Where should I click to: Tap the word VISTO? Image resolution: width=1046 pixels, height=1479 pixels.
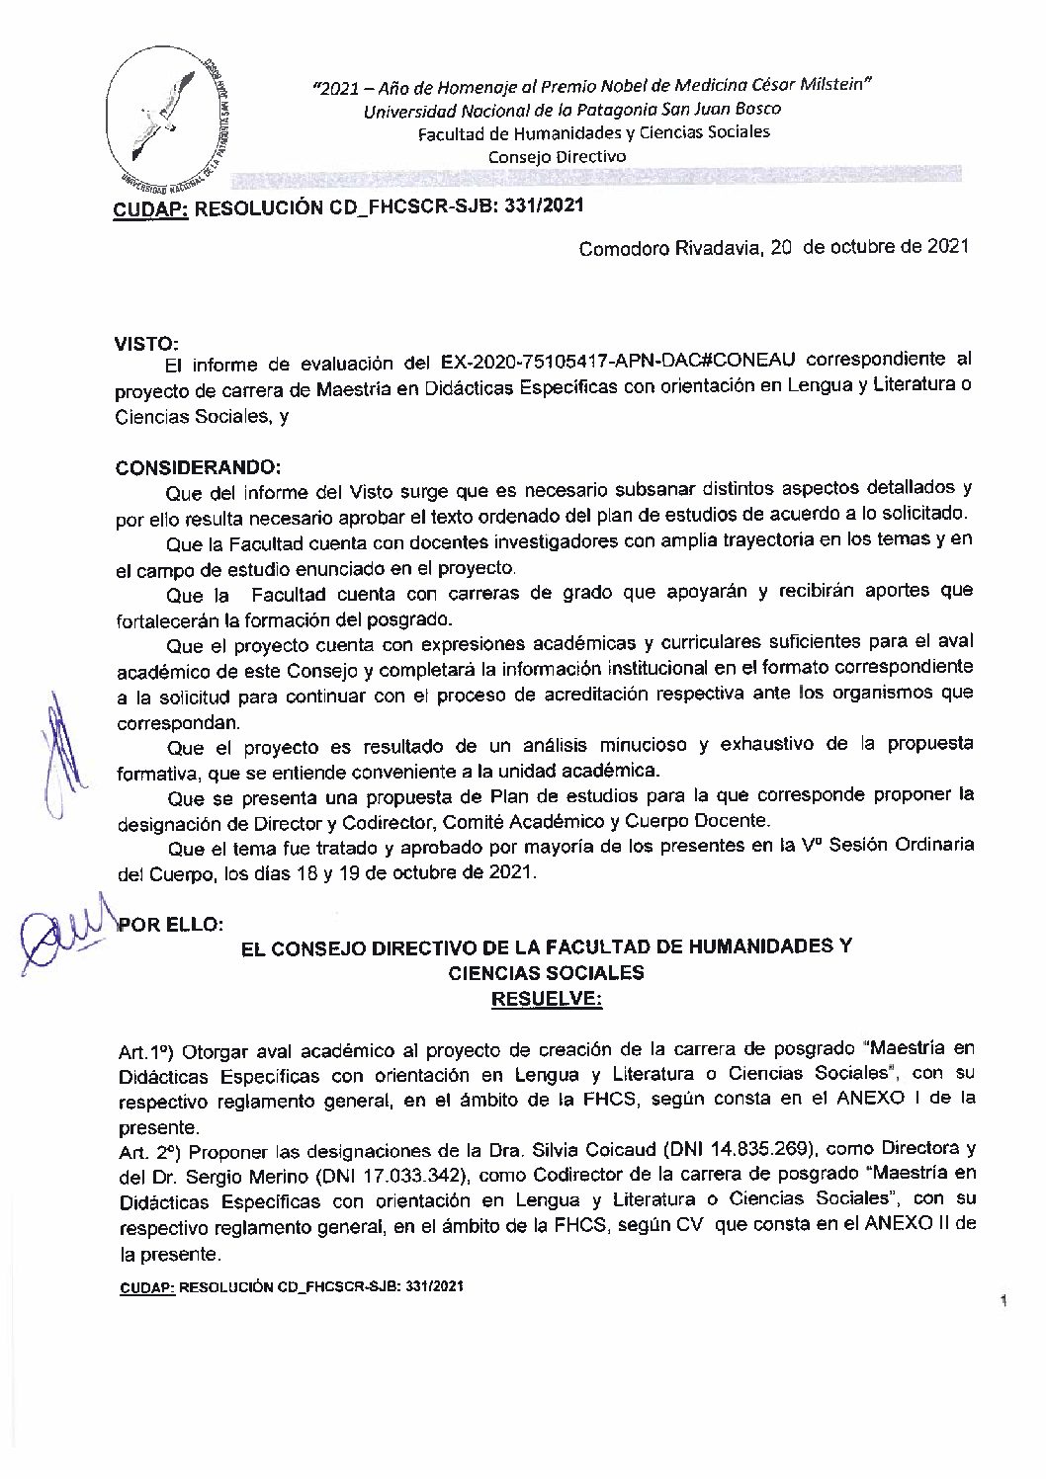pyautogui.click(x=146, y=344)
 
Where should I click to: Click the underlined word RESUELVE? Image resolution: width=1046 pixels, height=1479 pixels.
pyautogui.click(x=546, y=1000)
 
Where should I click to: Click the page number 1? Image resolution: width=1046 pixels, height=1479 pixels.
pyautogui.click(x=1002, y=1304)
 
